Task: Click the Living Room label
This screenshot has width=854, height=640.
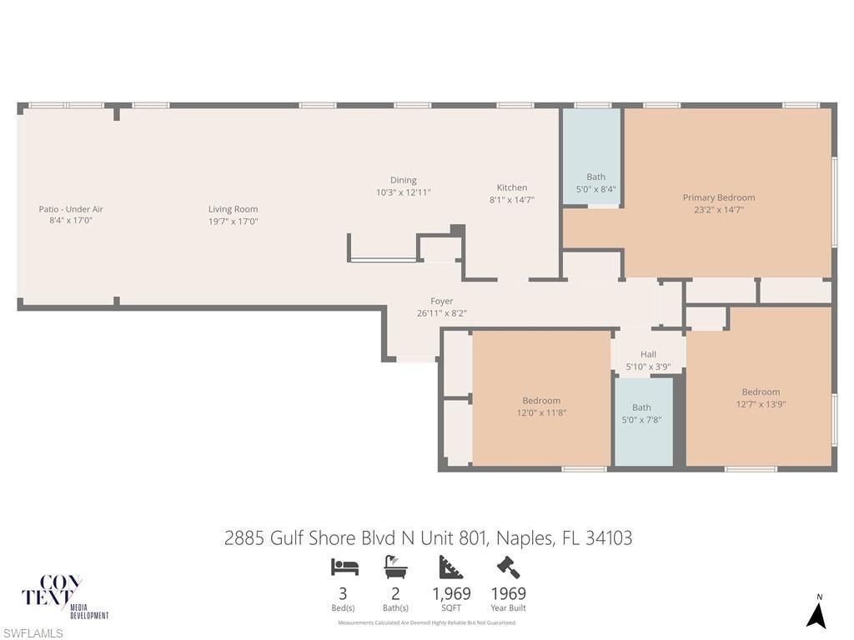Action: click(233, 209)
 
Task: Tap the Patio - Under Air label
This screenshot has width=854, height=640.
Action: click(71, 209)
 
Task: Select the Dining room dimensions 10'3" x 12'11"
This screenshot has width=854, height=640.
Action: click(403, 192)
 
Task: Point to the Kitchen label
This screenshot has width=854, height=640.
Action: click(511, 187)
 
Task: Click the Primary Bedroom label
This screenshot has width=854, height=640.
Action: click(718, 197)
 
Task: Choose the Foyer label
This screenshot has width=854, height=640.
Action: click(441, 301)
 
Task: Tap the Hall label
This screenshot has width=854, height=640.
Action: click(648, 354)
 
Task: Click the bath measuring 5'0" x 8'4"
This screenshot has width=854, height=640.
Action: click(595, 182)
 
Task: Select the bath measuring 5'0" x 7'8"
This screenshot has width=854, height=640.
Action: click(641, 413)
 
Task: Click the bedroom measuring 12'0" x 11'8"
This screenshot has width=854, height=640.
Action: click(541, 406)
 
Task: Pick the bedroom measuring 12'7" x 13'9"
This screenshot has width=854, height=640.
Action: click(761, 397)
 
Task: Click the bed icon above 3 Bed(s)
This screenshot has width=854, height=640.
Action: click(344, 567)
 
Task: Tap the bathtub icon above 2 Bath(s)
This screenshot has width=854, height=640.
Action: click(395, 567)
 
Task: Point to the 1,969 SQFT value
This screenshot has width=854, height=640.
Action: click(451, 594)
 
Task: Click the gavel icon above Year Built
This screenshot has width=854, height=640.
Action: click(508, 567)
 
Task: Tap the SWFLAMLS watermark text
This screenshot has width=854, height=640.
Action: click(32, 633)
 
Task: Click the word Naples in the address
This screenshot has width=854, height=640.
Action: click(523, 538)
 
